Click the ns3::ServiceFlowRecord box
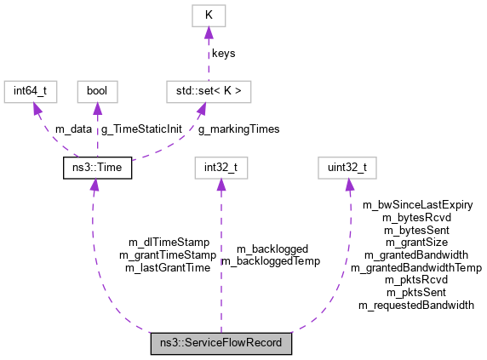(x=221, y=344)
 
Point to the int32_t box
(x=221, y=168)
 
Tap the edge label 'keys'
(x=224, y=53)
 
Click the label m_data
(x=73, y=129)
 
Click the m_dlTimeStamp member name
(x=169, y=243)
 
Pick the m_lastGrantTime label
(x=168, y=267)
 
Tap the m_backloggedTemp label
(x=270, y=261)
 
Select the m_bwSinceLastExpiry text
(x=417, y=204)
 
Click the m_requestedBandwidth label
(x=416, y=305)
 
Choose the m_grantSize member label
(x=416, y=242)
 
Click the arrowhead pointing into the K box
(x=207, y=33)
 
